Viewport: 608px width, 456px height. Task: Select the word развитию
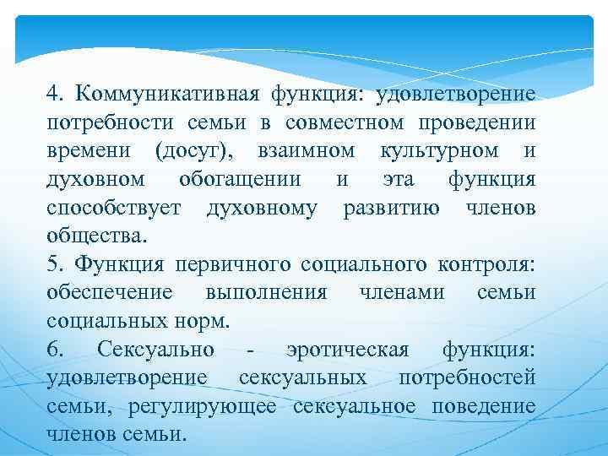click(390, 209)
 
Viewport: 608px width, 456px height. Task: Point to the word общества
click(95, 236)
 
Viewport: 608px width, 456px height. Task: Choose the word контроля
click(486, 266)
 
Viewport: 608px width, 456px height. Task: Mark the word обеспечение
click(110, 293)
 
